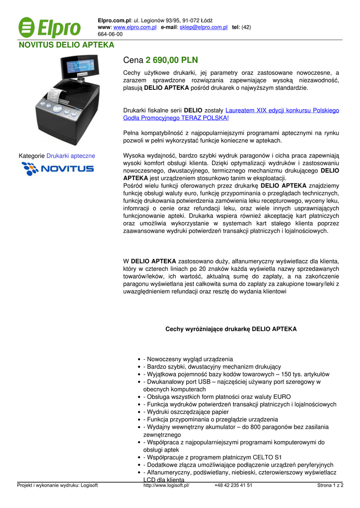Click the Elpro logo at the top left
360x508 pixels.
point(49,28)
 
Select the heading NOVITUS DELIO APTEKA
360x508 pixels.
point(67,45)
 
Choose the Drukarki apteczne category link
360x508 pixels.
point(71,156)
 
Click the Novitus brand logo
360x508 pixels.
point(58,169)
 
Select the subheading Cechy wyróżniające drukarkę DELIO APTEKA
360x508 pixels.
point(231,329)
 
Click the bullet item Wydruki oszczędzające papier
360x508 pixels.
point(186,412)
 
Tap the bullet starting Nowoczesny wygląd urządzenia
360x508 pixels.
point(188,359)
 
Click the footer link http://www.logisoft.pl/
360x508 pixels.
point(166,486)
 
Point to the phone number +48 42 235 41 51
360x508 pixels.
point(233,486)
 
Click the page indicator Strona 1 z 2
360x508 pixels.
point(330,486)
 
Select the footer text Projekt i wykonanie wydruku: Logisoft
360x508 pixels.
point(58,486)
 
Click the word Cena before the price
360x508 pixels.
point(133,60)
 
